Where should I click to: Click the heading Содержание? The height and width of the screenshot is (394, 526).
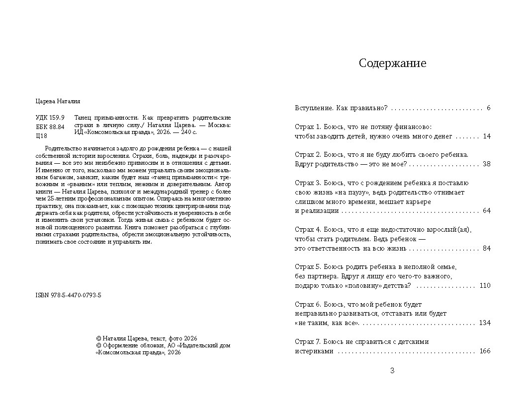(x=392, y=64)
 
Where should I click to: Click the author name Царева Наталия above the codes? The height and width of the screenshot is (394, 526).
(x=58, y=101)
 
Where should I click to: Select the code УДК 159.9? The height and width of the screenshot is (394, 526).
(x=50, y=118)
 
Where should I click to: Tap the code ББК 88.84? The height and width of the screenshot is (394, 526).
(x=50, y=127)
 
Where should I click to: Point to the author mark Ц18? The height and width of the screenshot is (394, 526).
(x=42, y=135)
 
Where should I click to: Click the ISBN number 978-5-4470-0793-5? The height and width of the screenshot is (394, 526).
(x=68, y=295)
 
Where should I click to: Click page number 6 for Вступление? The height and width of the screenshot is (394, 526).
(x=489, y=108)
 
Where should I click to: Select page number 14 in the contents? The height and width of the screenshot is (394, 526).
(x=487, y=136)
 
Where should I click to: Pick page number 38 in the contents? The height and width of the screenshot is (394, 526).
(x=487, y=164)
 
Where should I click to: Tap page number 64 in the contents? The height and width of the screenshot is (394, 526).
(x=487, y=210)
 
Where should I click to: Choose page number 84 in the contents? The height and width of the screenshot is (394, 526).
(x=487, y=248)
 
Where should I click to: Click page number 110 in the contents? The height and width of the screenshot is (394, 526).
(x=485, y=285)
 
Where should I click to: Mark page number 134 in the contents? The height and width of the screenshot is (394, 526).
(x=485, y=323)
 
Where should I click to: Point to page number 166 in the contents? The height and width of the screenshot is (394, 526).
(x=485, y=351)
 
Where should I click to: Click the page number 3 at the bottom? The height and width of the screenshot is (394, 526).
(x=392, y=370)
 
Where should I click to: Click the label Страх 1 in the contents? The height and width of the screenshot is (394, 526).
(x=307, y=127)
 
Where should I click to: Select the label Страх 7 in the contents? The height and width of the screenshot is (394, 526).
(x=307, y=341)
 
